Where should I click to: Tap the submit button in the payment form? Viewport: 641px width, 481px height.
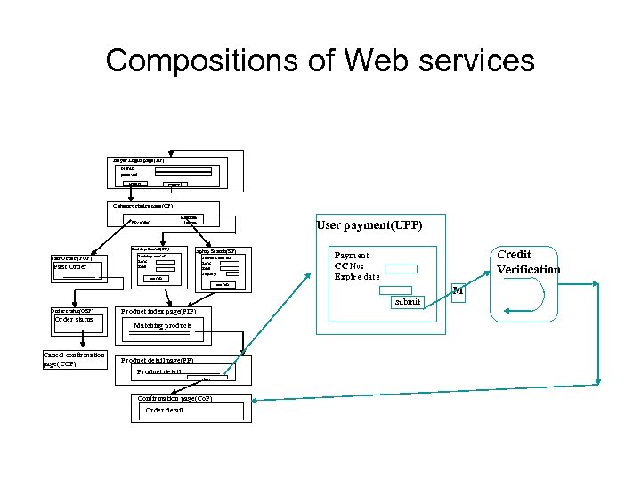pyautogui.click(x=407, y=301)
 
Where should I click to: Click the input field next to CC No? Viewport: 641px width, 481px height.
pyautogui.click(x=400, y=267)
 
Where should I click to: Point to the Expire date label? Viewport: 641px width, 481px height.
pyautogui.click(x=356, y=277)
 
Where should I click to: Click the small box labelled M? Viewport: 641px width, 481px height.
pyautogui.click(x=458, y=290)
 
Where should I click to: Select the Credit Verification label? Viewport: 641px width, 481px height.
pyautogui.click(x=528, y=262)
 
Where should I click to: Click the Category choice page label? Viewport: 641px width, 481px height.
pyautogui.click(x=142, y=205)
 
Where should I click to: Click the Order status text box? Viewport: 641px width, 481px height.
pyautogui.click(x=74, y=319)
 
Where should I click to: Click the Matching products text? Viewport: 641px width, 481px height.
pyautogui.click(x=162, y=327)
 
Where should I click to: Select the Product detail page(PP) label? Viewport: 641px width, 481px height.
pyautogui.click(x=158, y=360)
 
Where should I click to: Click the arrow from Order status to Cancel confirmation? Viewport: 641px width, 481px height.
pyautogui.click(x=80, y=338)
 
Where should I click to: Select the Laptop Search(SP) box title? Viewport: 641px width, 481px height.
pyautogui.click(x=215, y=251)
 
